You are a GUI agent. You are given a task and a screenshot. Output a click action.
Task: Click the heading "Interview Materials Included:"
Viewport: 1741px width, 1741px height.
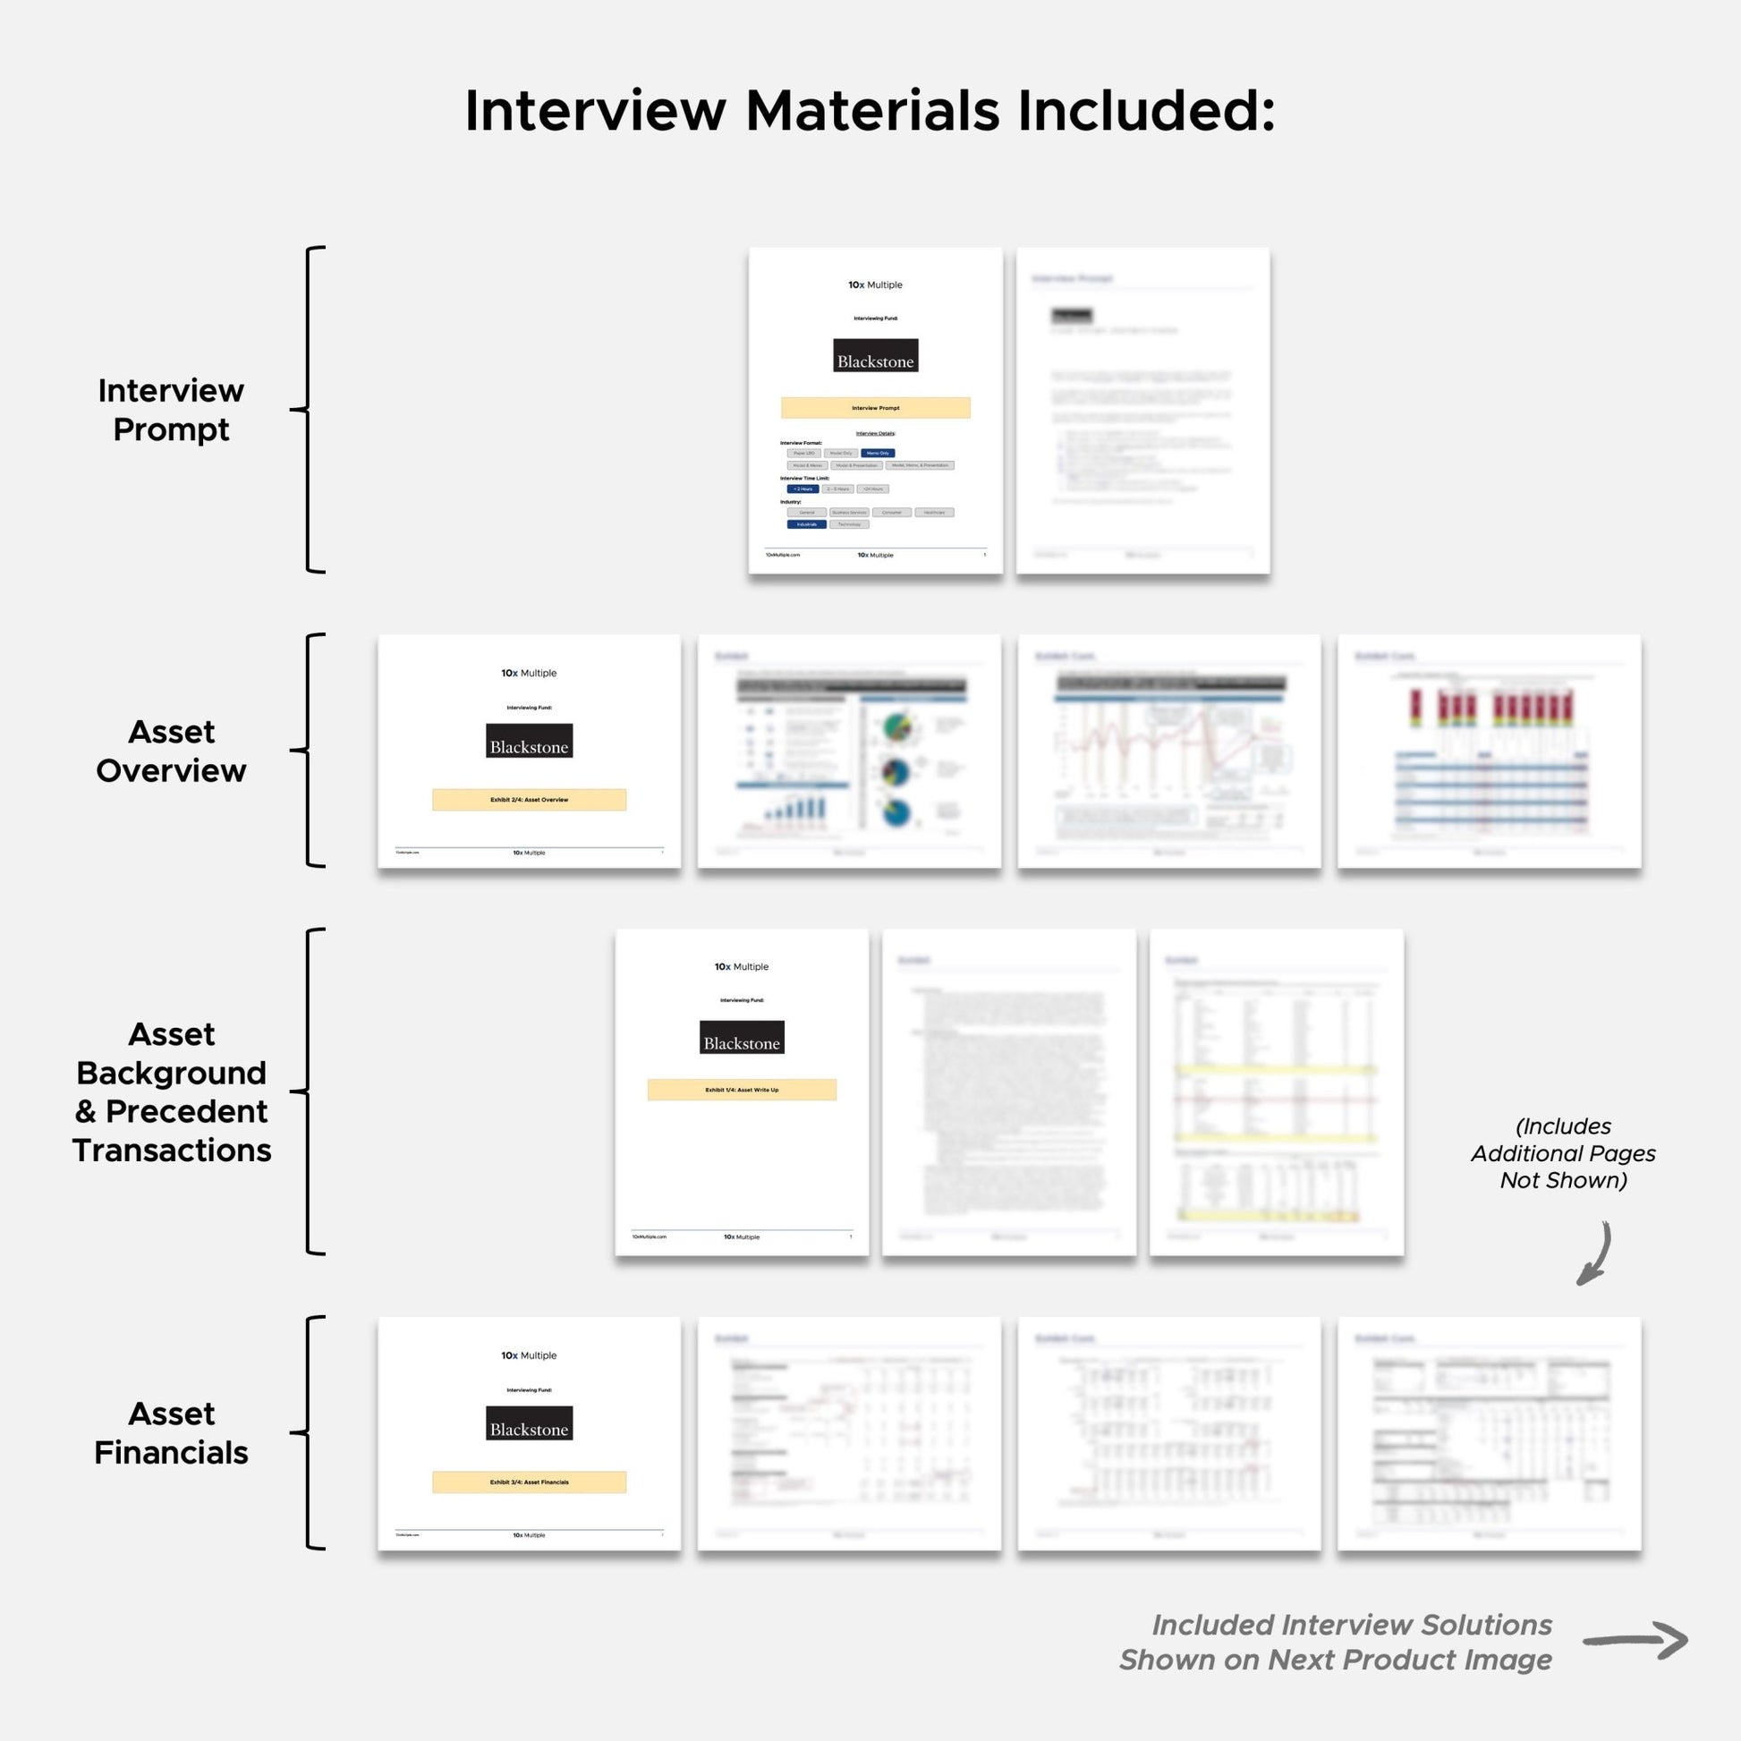click(870, 112)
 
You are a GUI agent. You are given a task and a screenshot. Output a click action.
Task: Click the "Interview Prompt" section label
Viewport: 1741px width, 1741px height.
click(171, 410)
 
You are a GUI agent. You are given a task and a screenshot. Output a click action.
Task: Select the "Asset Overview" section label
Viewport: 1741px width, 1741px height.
click(171, 751)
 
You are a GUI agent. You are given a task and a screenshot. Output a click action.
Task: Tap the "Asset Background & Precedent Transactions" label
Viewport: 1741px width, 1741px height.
click(171, 1091)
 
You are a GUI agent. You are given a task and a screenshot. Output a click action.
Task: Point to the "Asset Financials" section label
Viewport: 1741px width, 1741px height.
click(171, 1433)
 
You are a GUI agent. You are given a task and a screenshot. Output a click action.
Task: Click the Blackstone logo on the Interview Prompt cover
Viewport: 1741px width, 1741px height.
click(875, 356)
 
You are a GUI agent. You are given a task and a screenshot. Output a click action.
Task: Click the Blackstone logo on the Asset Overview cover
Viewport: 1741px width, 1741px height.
click(529, 741)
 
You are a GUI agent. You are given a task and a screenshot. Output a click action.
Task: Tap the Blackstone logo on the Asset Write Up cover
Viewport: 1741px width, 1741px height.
click(742, 1037)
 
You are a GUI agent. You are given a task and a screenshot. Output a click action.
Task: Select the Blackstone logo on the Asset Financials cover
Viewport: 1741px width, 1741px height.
click(529, 1423)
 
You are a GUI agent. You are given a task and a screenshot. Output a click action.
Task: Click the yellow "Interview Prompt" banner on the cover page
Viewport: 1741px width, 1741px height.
click(875, 408)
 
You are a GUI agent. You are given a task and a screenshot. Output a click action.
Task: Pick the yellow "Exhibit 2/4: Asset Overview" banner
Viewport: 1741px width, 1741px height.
click(529, 800)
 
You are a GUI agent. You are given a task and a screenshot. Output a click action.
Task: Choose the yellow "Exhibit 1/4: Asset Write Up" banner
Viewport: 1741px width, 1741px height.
click(742, 1091)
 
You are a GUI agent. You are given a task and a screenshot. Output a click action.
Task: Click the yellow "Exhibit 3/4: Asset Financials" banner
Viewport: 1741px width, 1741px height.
click(529, 1482)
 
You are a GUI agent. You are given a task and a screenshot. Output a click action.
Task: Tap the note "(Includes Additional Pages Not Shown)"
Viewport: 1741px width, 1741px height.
click(1564, 1153)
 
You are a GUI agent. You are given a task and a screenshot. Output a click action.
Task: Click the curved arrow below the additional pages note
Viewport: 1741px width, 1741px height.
click(1594, 1253)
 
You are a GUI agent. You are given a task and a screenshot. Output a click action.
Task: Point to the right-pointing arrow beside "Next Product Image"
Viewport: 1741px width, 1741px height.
click(1635, 1641)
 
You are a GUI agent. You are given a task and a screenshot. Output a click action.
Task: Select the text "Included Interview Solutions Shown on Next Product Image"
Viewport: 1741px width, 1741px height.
click(1336, 1642)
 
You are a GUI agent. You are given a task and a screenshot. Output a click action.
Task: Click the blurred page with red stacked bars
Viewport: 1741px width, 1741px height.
click(1489, 751)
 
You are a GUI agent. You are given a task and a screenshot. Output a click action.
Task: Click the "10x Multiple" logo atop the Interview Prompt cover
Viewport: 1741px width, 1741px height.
click(875, 285)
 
